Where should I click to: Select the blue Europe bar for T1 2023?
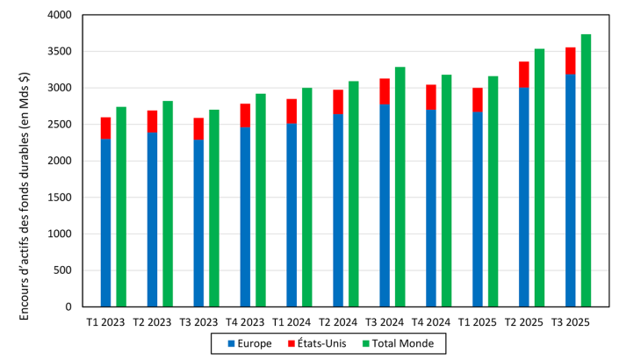coord(105,223)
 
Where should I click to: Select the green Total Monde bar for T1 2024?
coord(307,198)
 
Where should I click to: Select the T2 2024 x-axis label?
coord(338,322)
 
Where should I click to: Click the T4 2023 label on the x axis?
coord(245,322)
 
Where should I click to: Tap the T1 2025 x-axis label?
coord(478,322)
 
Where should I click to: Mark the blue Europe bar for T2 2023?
coord(152,220)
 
